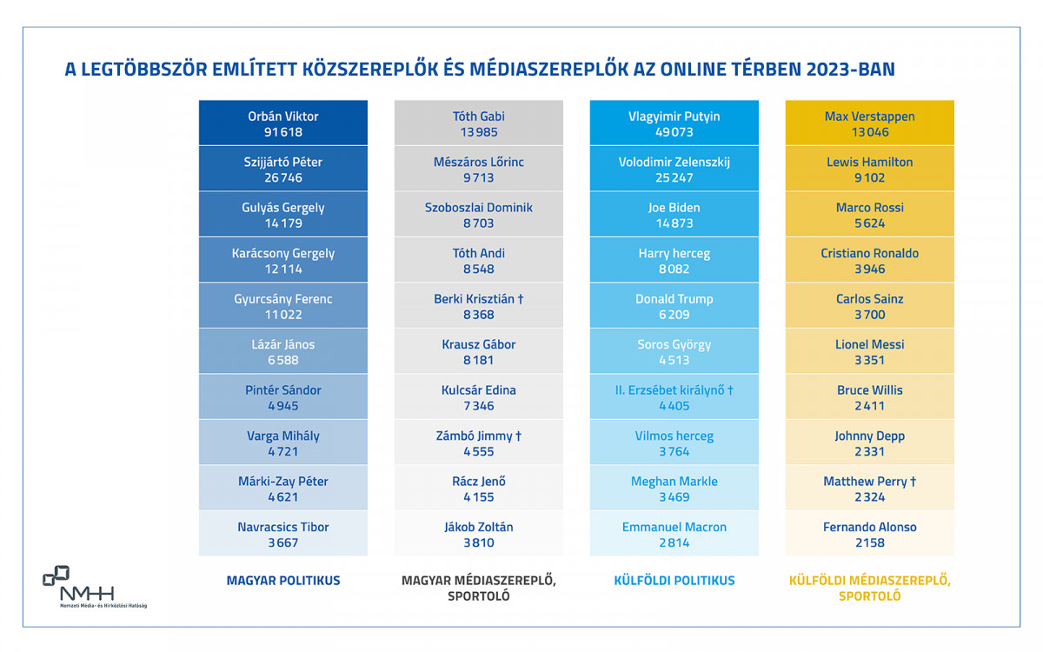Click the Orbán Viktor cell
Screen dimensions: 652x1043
282,123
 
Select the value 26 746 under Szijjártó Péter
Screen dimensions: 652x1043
282,177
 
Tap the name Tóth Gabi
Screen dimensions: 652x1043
478,116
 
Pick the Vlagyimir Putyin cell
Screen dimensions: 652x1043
674,123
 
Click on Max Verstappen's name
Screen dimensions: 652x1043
869,116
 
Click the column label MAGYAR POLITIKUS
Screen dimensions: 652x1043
282,580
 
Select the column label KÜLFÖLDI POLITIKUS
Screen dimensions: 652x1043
674,580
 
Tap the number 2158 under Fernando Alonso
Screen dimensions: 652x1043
869,542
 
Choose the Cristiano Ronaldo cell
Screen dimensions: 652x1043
869,261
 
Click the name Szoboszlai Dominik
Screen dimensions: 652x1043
478,208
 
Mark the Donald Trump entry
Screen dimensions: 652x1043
674,306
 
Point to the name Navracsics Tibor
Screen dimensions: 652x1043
282,527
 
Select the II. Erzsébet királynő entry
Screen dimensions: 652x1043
674,397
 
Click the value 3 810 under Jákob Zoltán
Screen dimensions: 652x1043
478,542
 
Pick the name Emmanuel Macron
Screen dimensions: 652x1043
674,527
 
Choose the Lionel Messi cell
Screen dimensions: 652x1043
869,351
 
